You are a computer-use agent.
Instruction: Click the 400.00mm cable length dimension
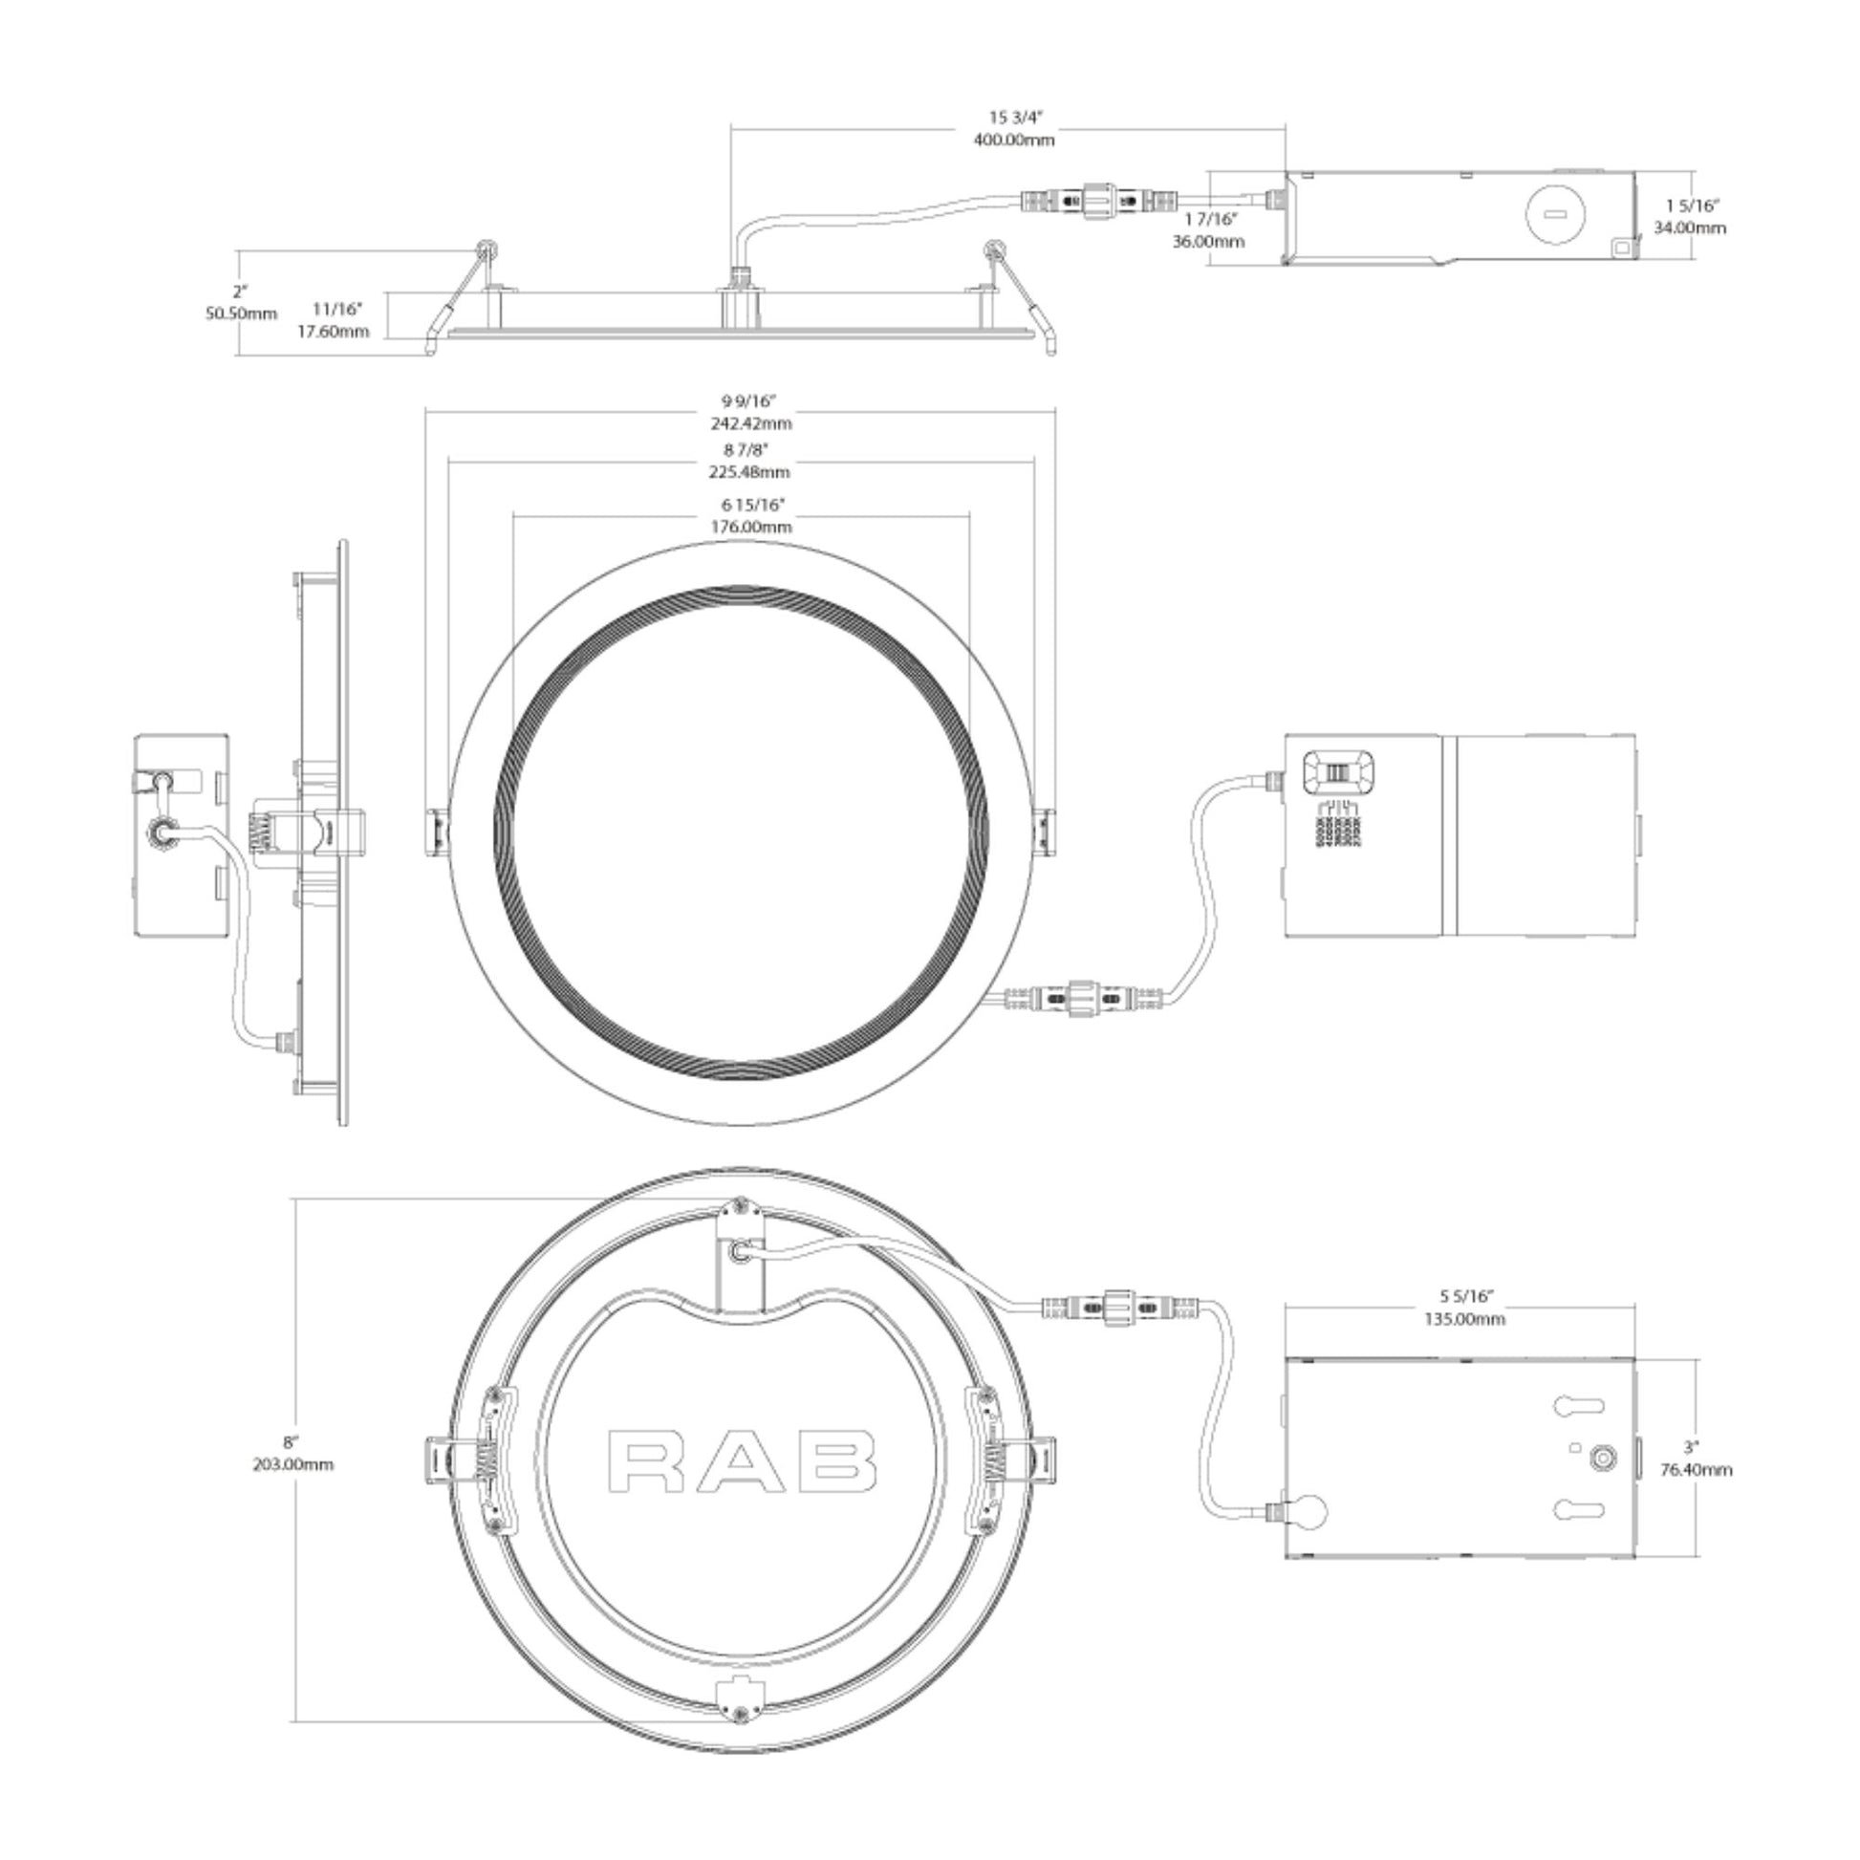(1014, 141)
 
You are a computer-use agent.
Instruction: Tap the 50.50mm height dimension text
(241, 314)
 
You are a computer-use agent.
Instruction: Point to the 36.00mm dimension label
(1208, 242)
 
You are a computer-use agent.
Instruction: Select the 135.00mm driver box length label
(1464, 1319)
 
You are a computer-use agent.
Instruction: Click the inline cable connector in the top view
(1097, 203)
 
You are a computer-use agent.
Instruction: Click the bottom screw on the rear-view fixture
(740, 1714)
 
